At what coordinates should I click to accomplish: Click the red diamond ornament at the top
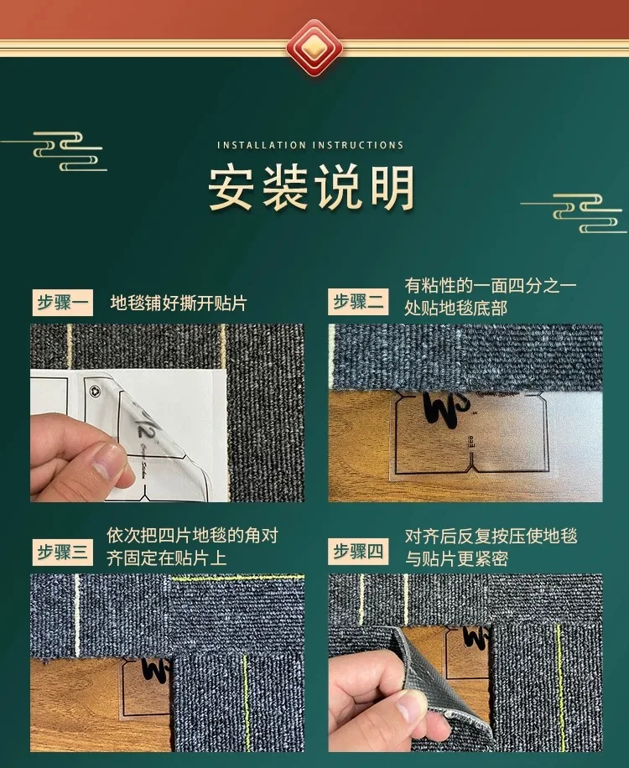click(314, 48)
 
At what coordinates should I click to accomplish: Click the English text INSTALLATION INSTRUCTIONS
click(310, 146)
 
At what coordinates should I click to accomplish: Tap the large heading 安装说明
click(311, 189)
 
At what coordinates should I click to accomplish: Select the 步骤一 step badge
click(62, 302)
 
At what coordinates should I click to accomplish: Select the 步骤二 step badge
click(358, 301)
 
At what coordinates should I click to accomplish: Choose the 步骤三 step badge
click(62, 552)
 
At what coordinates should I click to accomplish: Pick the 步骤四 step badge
click(358, 551)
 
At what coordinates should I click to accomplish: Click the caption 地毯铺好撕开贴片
click(179, 304)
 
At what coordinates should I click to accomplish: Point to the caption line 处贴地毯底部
click(455, 308)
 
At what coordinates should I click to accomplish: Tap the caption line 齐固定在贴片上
click(167, 558)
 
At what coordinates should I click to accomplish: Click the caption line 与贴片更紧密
click(456, 558)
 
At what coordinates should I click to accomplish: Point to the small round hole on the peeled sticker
click(95, 391)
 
